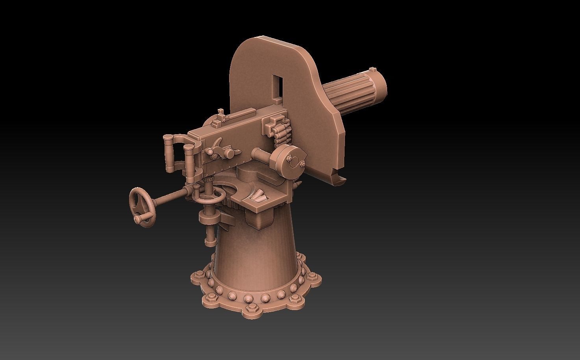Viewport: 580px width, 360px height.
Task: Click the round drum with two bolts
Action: pyautogui.click(x=290, y=160)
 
